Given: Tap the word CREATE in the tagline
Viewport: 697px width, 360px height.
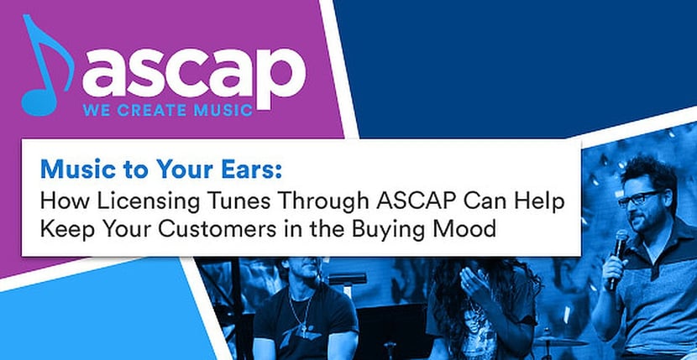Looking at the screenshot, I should (x=161, y=111).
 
